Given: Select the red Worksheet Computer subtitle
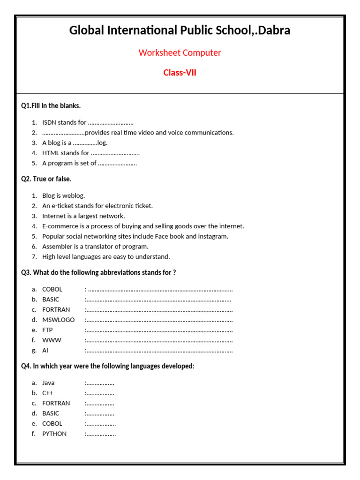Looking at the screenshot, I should [x=180, y=52].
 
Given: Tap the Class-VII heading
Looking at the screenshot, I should [x=180, y=73].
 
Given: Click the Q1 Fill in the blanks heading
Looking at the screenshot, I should [x=51, y=106].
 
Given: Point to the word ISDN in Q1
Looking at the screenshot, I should [x=49, y=122].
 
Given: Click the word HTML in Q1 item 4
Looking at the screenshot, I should [x=51, y=153].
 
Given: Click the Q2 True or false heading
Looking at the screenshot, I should [x=46, y=179].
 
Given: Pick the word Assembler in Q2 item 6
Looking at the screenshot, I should [x=57, y=247].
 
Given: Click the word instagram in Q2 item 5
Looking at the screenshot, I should [x=213, y=236].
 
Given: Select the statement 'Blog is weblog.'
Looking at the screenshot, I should [x=63, y=195].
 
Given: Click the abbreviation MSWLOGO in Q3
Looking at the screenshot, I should [x=58, y=320].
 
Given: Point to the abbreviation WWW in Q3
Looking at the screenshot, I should [x=52, y=340].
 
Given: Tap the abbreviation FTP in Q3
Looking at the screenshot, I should [x=47, y=330].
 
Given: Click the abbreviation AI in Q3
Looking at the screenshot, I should [x=45, y=350].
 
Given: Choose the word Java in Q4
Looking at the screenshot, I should [x=48, y=383].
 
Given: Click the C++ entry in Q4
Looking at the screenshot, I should [x=48, y=393].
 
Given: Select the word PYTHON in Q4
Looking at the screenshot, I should [x=54, y=434].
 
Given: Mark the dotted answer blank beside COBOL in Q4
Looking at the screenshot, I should [x=101, y=424].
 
